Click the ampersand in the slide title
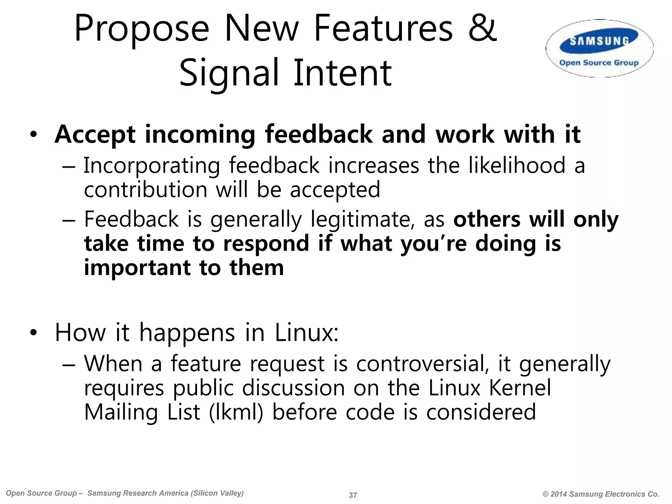click(x=482, y=29)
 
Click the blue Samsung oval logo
click(x=599, y=41)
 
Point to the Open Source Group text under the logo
click(x=599, y=63)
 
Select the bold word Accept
click(x=95, y=135)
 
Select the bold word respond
click(x=266, y=244)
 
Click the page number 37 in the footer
click(x=353, y=495)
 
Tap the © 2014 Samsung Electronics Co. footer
click(x=601, y=494)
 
